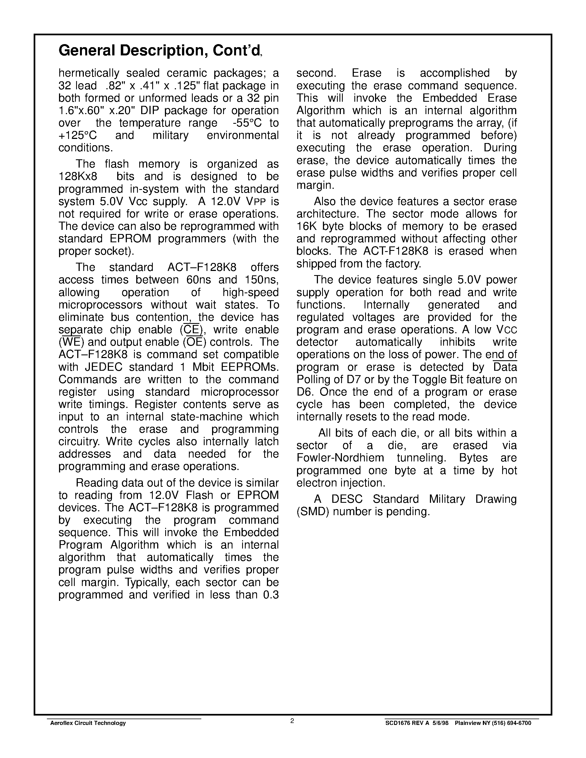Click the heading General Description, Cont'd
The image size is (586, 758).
pos(159,51)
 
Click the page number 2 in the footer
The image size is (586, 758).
pos(292,721)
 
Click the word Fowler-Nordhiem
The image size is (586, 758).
pos(340,458)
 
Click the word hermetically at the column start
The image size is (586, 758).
pos(89,73)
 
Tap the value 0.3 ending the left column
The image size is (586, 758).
pos(271,595)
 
